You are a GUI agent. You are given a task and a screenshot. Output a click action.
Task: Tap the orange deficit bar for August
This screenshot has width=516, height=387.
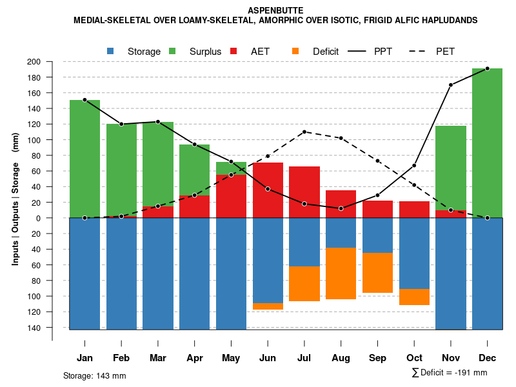tap(341, 273)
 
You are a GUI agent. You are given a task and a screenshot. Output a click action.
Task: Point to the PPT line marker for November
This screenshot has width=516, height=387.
tap(451, 84)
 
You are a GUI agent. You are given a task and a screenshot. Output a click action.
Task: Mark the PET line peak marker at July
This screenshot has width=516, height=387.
tap(304, 132)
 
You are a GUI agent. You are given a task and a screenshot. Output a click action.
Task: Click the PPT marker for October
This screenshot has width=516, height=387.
tap(414, 166)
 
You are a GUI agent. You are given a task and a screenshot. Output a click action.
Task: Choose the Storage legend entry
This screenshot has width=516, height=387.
tap(135, 52)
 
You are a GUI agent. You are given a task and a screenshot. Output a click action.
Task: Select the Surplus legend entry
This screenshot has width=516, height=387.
tap(197, 52)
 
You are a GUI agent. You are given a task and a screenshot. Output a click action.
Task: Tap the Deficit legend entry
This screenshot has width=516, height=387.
tap(316, 52)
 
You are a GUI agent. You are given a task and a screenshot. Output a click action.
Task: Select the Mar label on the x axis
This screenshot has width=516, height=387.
tap(158, 358)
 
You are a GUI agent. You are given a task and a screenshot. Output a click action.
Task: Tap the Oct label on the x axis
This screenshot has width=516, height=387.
tap(414, 358)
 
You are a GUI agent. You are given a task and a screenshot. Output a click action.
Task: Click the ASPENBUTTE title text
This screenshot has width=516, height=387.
tap(275, 11)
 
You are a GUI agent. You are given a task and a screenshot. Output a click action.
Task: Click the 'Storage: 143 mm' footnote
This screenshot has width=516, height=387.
tap(94, 375)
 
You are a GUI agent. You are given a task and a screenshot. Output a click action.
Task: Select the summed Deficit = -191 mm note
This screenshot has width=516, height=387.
tap(450, 373)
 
